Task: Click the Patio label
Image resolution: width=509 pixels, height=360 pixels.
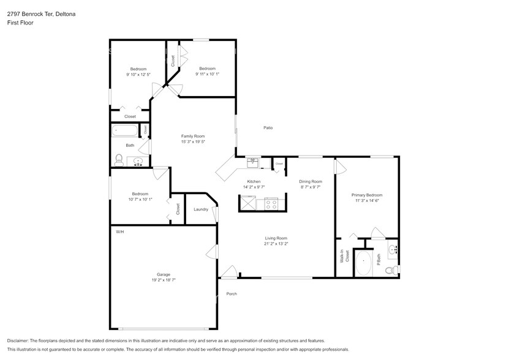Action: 268,128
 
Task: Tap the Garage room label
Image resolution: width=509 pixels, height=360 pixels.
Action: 163,274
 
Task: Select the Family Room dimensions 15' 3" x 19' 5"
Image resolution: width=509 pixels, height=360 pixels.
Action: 192,141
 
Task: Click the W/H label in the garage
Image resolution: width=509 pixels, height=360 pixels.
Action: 119,232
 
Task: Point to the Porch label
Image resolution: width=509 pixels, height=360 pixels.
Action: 232,294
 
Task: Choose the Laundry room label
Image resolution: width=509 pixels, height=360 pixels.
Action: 200,209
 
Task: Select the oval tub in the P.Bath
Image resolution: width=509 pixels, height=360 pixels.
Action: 363,264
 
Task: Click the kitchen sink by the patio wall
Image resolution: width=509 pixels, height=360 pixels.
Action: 253,163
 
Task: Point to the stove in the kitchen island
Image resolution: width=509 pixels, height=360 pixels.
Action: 271,203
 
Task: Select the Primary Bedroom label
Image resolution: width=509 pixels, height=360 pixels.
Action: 366,195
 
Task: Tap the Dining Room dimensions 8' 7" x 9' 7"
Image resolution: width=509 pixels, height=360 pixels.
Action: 310,187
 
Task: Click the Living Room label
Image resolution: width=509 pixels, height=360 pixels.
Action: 276,238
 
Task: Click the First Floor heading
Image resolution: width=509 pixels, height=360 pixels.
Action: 20,23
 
